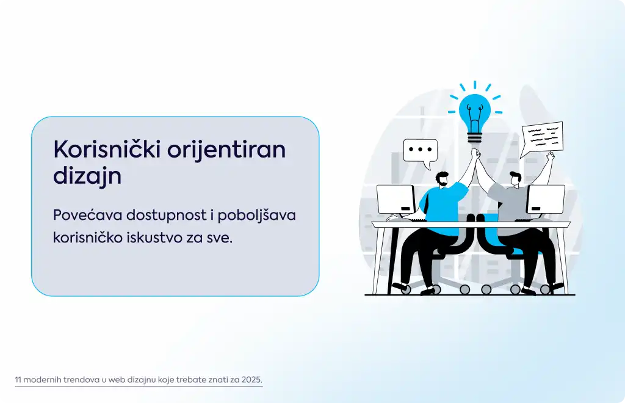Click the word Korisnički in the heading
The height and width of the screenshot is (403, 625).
[107, 149]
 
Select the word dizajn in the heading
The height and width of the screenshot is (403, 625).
[87, 176]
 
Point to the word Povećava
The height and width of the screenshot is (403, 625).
[87, 216]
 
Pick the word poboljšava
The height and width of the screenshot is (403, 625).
[257, 216]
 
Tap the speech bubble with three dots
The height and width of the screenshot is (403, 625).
[421, 151]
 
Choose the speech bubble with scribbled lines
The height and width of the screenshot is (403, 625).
[542, 139]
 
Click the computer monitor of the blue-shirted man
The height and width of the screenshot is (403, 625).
[396, 199]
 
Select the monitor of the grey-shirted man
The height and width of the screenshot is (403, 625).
[546, 199]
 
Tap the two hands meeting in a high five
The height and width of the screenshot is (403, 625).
[475, 153]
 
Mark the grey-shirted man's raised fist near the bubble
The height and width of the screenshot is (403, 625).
[551, 156]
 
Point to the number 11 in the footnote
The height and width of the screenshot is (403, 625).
[18, 379]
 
